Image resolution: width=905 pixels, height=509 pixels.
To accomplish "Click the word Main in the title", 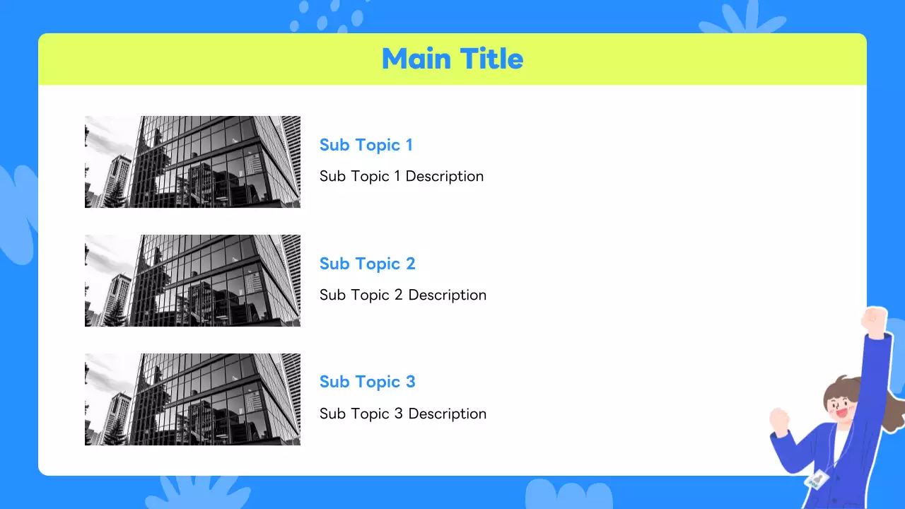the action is click(416, 59).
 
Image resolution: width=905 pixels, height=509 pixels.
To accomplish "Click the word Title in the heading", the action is click(491, 59).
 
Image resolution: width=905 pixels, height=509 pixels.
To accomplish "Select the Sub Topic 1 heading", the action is click(366, 145).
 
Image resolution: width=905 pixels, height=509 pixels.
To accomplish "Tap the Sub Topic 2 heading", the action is click(367, 264).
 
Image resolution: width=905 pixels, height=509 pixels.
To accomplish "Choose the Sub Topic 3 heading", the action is click(367, 382).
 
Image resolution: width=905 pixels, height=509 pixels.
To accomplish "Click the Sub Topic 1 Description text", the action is click(402, 177).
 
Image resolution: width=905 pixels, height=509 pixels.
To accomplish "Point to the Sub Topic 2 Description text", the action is click(403, 296).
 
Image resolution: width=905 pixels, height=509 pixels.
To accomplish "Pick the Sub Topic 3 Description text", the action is click(403, 414).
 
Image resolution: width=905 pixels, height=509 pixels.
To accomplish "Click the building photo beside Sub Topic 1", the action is click(192, 162).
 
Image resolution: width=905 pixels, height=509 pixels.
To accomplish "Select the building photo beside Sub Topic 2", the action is click(192, 281).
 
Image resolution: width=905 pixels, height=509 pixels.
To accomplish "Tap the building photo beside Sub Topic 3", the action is click(192, 399).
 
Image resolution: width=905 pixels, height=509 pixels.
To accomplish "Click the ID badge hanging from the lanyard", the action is click(817, 480).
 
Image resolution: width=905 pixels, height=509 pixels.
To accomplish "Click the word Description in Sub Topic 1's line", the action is click(445, 177).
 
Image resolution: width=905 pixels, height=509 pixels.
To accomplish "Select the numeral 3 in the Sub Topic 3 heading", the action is click(411, 382).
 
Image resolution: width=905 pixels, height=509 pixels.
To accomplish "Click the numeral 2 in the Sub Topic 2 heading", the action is click(411, 264).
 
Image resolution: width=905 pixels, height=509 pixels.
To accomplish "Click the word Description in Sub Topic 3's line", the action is click(448, 414).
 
